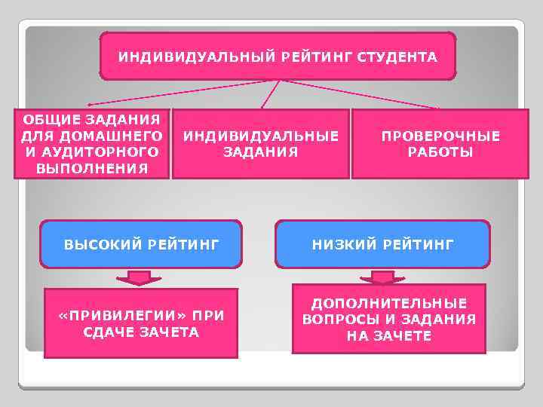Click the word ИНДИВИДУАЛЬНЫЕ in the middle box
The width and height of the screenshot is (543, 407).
coord(261,136)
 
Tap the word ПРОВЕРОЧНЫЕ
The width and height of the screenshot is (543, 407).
coord(440,136)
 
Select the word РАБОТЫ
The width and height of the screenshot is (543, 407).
coord(440,152)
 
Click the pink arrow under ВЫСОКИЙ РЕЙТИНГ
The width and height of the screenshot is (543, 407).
coord(139,278)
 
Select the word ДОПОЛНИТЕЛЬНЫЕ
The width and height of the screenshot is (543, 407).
coord(389,303)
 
